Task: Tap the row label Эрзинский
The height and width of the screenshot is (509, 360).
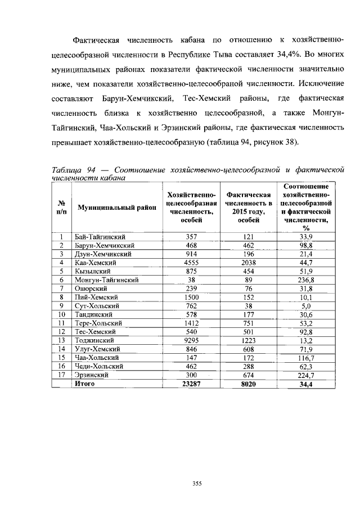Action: click(90, 375)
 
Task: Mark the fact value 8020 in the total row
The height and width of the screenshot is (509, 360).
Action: click(248, 384)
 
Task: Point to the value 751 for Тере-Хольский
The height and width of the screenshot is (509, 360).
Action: click(248, 323)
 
